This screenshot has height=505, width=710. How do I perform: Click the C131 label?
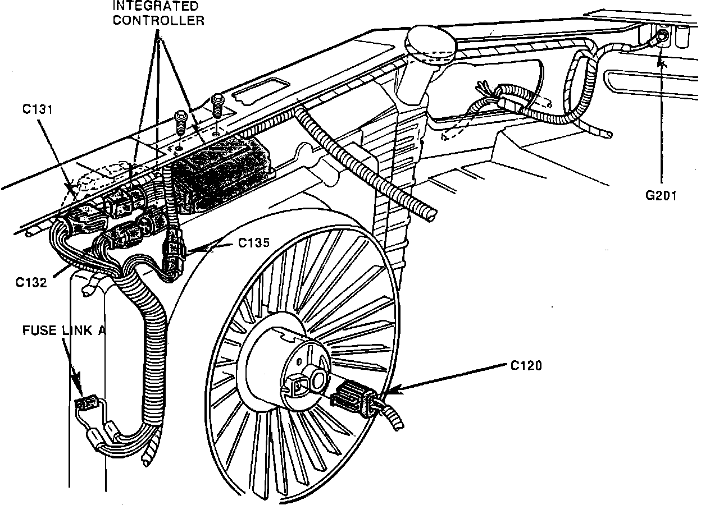pyautogui.click(x=38, y=109)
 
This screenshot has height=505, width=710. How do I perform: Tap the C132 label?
pyautogui.click(x=31, y=282)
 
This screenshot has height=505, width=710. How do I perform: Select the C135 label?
pyautogui.click(x=253, y=243)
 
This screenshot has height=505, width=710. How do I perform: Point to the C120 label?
pyautogui.click(x=526, y=366)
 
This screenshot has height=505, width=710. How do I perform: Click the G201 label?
pyautogui.click(x=660, y=196)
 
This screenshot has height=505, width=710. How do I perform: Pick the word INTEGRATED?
pyautogui.click(x=156, y=7)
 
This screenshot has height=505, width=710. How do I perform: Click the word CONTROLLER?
pyautogui.click(x=159, y=21)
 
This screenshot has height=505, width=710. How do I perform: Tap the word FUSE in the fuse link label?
pyautogui.click(x=39, y=330)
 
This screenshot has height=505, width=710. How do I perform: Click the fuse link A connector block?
pyautogui.click(x=87, y=402)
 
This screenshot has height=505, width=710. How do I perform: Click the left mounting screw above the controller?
pyautogui.click(x=180, y=121)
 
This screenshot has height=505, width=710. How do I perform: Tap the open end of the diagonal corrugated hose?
pyautogui.click(x=430, y=213)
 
